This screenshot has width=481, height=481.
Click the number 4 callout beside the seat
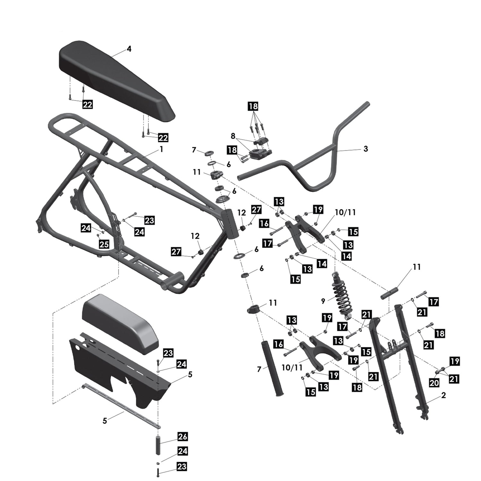pos(129,49)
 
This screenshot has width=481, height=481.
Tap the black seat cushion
pos(115,80)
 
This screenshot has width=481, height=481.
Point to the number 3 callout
pos(366,149)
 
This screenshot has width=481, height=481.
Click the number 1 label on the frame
pos(161,149)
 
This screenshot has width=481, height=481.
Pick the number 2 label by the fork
pos(443,395)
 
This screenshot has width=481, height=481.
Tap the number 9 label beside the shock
pos(323,301)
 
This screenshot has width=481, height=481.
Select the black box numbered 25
pos(104,244)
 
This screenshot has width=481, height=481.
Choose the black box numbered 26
pos(182,436)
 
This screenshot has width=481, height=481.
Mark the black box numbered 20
pos(434,383)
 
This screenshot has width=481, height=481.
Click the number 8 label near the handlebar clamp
pos(233,136)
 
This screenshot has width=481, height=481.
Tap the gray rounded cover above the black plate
pos(120,324)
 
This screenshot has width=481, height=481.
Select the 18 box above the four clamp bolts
pos(253,106)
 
